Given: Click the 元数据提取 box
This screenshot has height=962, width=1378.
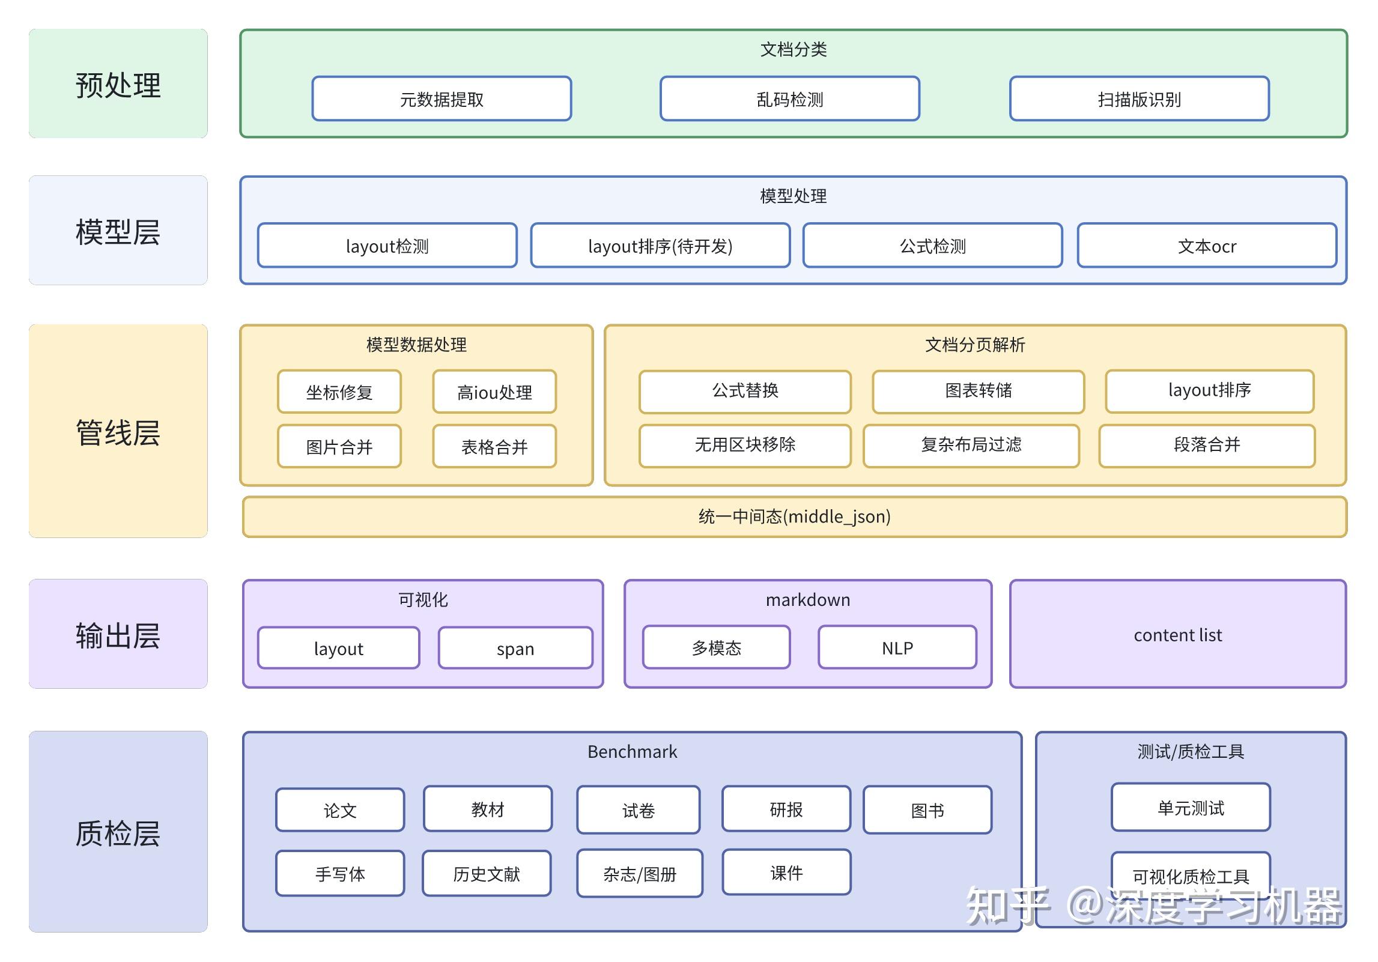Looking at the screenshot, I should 442,99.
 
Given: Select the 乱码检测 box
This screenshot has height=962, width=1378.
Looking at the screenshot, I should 789,99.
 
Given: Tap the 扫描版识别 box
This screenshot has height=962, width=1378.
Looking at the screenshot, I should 1139,99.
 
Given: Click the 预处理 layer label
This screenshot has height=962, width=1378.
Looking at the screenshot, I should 118,84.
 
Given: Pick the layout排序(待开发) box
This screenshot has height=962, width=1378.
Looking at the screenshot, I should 660,246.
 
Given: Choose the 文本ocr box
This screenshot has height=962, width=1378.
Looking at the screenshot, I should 1207,246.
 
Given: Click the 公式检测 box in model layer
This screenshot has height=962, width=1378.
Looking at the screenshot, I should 932,246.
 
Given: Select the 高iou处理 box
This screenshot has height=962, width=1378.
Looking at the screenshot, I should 494,392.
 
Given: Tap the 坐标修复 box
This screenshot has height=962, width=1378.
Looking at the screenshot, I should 339,392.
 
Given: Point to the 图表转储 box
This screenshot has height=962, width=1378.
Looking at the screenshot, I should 978,391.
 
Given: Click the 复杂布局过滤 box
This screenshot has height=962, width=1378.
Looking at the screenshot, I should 971,445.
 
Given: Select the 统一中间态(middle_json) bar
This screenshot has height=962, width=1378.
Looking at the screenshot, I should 794,516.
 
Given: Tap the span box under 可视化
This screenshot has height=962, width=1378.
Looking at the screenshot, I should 515,649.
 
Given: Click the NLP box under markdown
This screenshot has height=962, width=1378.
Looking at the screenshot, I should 897,648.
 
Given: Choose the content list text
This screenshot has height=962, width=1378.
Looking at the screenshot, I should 1177,635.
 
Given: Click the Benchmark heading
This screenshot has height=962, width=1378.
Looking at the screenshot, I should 632,751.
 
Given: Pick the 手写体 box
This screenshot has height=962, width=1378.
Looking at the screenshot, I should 340,874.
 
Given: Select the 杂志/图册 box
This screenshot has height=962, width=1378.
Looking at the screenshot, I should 639,874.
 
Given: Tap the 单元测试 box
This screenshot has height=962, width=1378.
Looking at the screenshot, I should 1190,808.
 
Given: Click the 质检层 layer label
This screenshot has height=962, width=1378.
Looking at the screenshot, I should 118,832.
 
